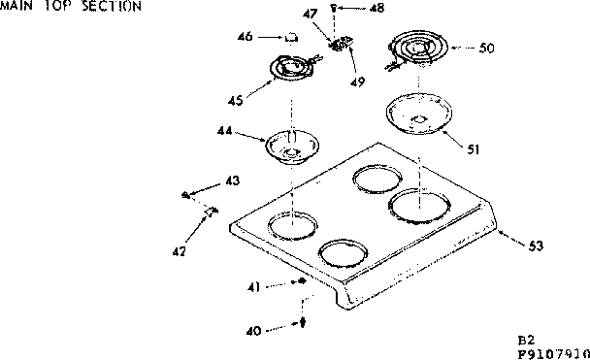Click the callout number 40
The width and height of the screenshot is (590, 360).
(x=253, y=330)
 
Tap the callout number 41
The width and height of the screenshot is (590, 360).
(x=253, y=286)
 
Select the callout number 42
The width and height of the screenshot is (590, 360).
(x=179, y=251)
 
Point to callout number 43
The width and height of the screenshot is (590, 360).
(x=233, y=180)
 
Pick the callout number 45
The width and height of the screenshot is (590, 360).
(x=234, y=99)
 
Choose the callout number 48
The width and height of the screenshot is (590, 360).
(x=377, y=9)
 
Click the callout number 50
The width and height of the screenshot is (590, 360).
(x=486, y=47)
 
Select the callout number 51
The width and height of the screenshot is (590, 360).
(x=473, y=148)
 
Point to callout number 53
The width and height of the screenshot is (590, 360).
(x=535, y=245)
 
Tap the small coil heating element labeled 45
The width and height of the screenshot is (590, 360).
(x=292, y=70)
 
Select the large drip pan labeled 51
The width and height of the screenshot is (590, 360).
(x=418, y=115)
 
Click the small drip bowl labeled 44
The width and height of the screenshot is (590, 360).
(x=286, y=147)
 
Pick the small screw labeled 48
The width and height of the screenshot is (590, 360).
(x=335, y=8)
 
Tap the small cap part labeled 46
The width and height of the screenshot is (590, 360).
(x=289, y=38)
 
